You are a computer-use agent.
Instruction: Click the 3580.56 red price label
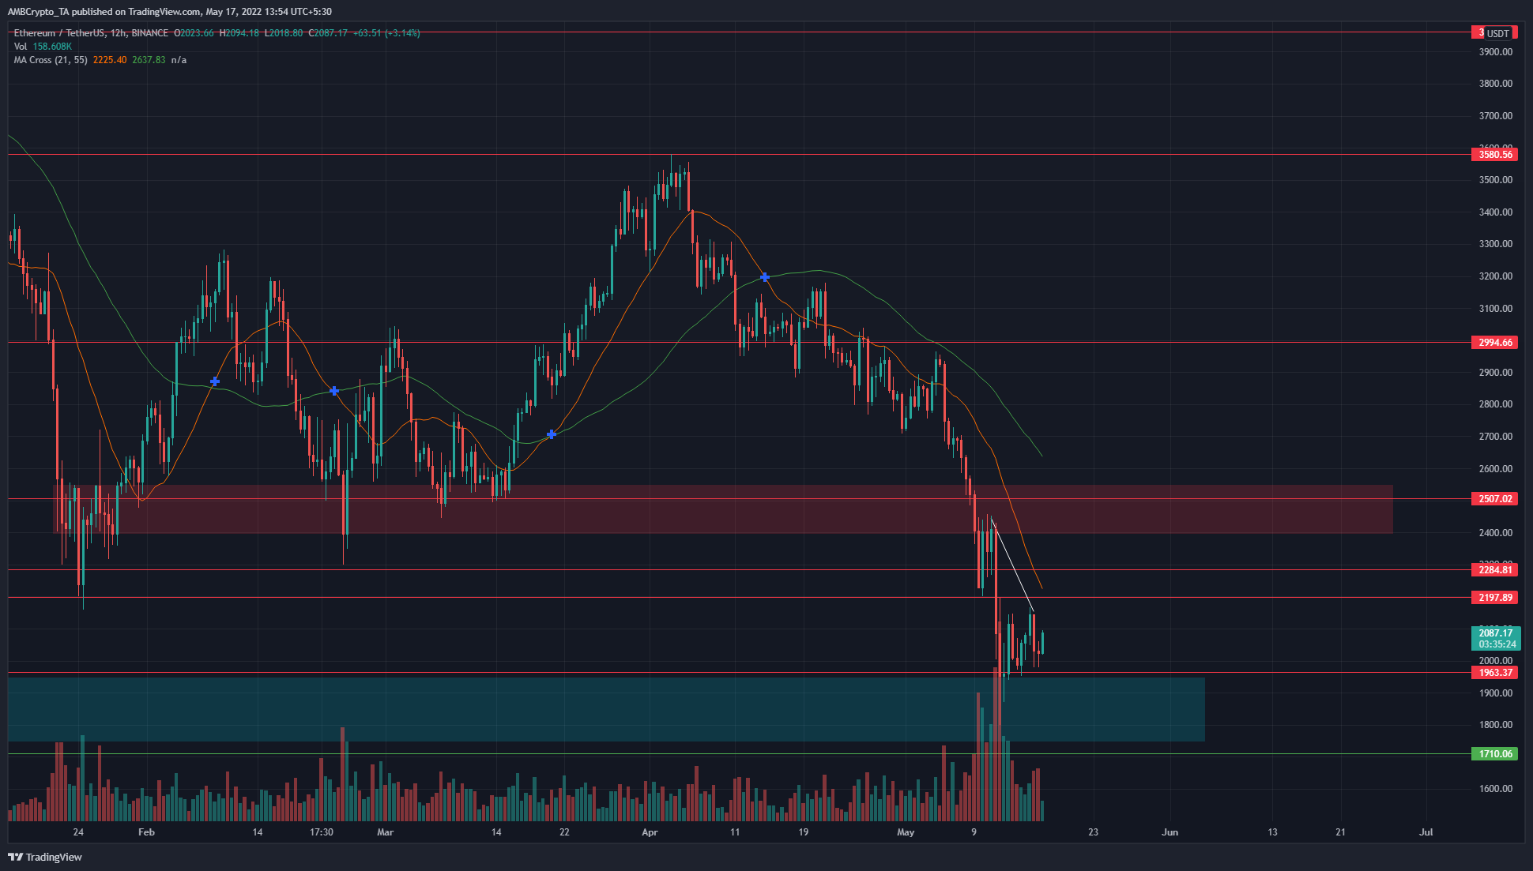1496,155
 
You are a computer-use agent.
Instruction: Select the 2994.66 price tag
1496,343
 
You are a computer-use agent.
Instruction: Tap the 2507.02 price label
1496,499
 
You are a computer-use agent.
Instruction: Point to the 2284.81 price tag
1496,570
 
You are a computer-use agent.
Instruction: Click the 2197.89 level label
1496,598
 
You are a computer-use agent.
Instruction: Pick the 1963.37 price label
1496,673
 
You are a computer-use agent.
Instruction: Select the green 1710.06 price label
1496,754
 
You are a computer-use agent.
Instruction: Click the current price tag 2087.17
1496,633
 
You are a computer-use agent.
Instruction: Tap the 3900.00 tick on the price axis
1496,52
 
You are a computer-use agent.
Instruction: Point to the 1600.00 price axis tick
1496,789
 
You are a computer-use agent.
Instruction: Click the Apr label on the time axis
650,832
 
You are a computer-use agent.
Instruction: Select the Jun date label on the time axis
1170,832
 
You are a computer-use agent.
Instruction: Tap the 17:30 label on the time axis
322,832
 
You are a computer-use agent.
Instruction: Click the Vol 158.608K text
43,47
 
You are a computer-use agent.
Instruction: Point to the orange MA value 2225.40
109,60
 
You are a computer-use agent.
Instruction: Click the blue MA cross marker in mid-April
764,277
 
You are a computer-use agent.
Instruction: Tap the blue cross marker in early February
214,382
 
